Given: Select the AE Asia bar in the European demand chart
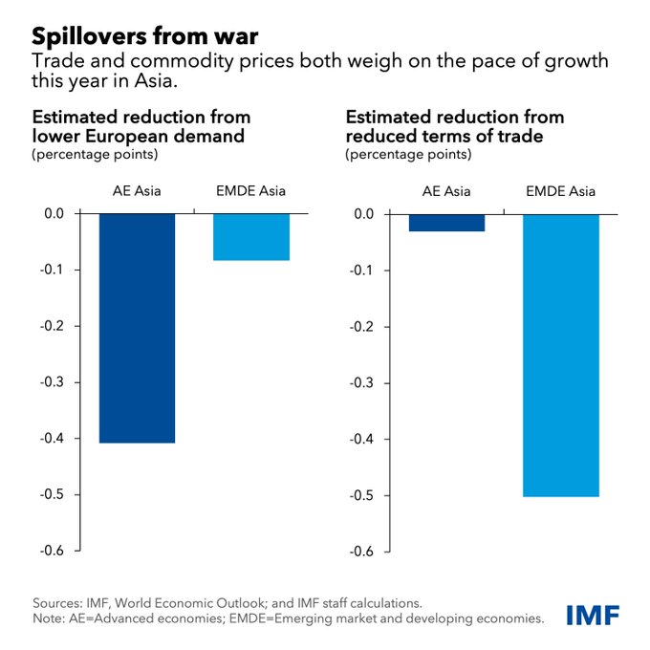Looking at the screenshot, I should pyautogui.click(x=138, y=328).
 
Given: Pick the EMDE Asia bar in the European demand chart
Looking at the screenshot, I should pyautogui.click(x=250, y=237).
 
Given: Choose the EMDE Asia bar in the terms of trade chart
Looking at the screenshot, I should pyautogui.click(x=560, y=355).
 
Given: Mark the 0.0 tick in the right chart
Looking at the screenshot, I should pyautogui.click(x=365, y=214).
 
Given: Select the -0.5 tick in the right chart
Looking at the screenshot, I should pyautogui.click(x=363, y=495).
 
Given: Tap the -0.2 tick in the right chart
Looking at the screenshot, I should pyautogui.click(x=363, y=326).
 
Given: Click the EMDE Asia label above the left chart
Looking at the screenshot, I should pyautogui.click(x=250, y=191).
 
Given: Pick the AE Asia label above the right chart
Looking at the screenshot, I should pyautogui.click(x=446, y=191).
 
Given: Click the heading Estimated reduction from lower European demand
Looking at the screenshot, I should pyautogui.click(x=141, y=126).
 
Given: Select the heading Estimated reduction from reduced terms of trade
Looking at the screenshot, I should pyautogui.click(x=454, y=126).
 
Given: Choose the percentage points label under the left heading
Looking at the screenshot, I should pyautogui.click(x=95, y=153).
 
